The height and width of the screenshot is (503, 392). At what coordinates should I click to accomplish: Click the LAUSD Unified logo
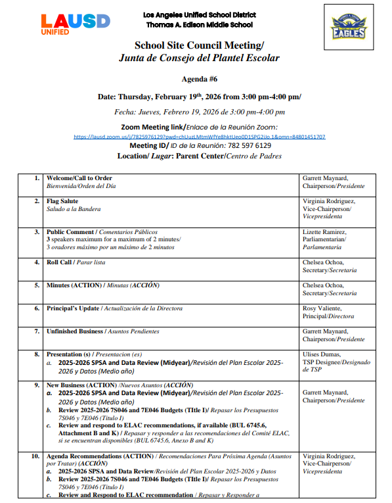pyautogui.click(x=75, y=24)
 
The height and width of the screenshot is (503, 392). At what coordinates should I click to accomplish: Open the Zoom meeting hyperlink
pyautogui.click(x=199, y=137)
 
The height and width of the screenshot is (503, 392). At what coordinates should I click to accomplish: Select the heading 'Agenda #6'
pyautogui.click(x=198, y=78)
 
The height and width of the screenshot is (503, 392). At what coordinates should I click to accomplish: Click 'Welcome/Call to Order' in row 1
pyautogui.click(x=79, y=178)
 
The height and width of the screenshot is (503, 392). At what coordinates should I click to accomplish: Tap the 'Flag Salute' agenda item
pyautogui.click(x=62, y=201)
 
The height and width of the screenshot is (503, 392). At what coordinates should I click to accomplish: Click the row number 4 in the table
pyautogui.click(x=37, y=262)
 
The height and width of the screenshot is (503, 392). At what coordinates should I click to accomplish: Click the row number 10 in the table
pyautogui.click(x=35, y=456)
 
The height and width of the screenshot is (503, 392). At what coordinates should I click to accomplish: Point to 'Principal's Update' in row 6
pyautogui.click(x=73, y=308)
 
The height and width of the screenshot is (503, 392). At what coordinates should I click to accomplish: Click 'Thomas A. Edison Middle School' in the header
pyautogui.click(x=200, y=25)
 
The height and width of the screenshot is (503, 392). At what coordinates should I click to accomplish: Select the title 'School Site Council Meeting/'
pyautogui.click(x=199, y=45)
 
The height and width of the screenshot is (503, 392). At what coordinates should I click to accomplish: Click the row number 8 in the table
pyautogui.click(x=37, y=354)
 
